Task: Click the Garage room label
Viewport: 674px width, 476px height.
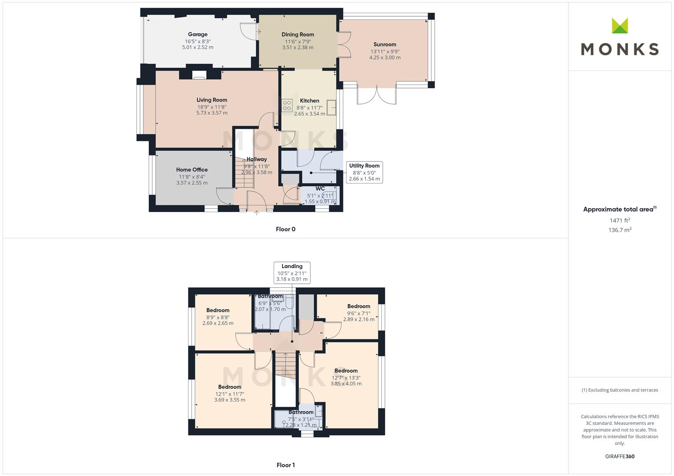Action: coord(197,34)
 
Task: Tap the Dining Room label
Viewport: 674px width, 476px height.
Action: coord(297,34)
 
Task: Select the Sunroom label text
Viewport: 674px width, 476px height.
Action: coord(384,45)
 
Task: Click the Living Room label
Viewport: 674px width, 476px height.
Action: coord(212,100)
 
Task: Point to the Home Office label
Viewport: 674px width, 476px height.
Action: coord(192,170)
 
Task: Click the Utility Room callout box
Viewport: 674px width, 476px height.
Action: coord(364,172)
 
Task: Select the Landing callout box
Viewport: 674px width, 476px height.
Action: coord(292,272)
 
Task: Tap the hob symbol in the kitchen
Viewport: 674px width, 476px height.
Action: coord(287,105)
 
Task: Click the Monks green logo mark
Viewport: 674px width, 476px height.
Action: coord(620,26)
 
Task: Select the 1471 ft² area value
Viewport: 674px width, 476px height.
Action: coord(620,220)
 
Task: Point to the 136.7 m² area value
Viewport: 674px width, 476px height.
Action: coord(620,230)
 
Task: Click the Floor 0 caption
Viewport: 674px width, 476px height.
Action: coord(285,229)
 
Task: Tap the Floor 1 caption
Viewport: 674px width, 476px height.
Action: coord(285,465)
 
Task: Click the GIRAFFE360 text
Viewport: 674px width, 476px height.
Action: coord(620,457)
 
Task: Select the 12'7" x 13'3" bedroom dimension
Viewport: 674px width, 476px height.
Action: coord(346,378)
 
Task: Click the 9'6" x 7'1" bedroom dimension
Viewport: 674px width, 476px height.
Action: coord(358,313)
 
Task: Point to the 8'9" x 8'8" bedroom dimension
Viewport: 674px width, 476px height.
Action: coord(218,317)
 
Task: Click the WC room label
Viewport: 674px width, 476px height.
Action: coord(320,189)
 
